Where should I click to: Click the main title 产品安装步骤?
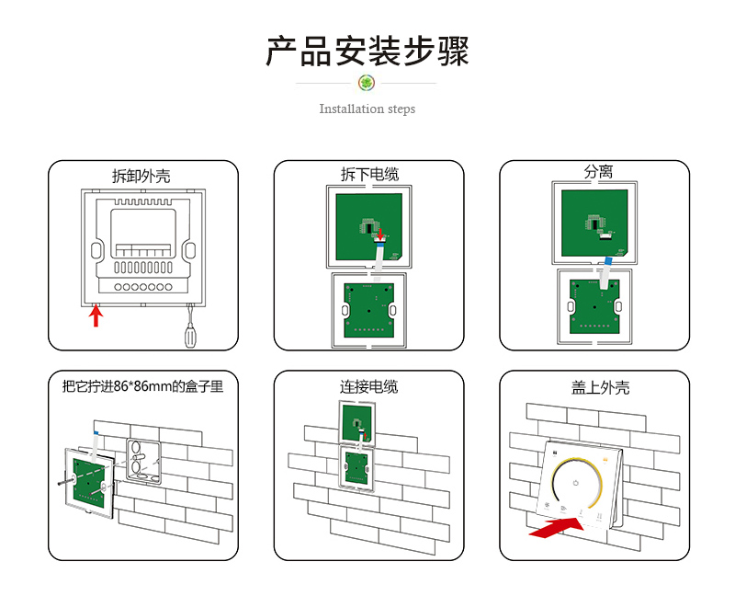[x=367, y=52]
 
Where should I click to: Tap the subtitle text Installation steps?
[x=367, y=109]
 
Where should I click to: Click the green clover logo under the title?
[x=367, y=84]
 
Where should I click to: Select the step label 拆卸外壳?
[x=141, y=176]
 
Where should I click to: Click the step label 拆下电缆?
[x=369, y=174]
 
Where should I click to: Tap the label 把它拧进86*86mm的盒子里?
[x=142, y=386]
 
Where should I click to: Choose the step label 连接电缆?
[x=369, y=386]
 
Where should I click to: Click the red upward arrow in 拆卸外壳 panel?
[x=95, y=316]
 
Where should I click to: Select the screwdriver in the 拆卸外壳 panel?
[x=190, y=333]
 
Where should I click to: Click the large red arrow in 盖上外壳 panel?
[x=557, y=528]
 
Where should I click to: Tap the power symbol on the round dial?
[x=576, y=482]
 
